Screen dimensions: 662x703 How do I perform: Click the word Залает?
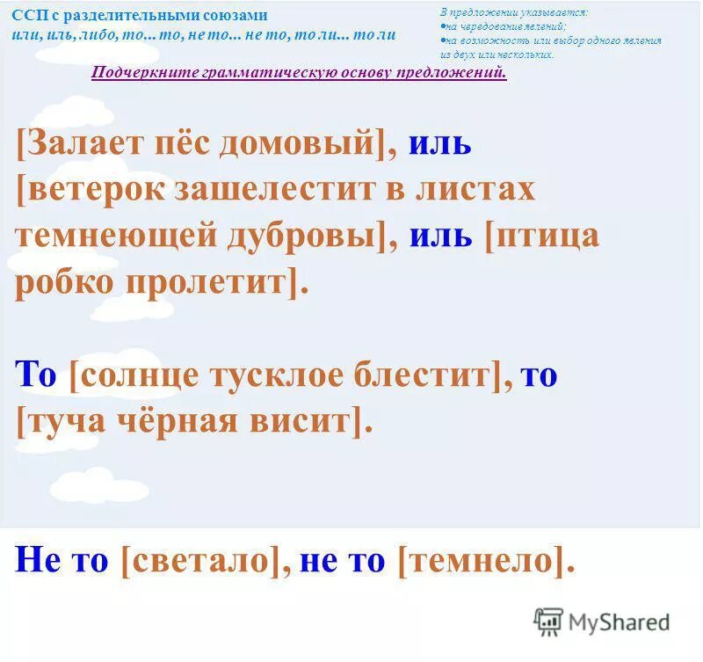81,142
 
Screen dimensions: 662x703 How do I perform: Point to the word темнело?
480,561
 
